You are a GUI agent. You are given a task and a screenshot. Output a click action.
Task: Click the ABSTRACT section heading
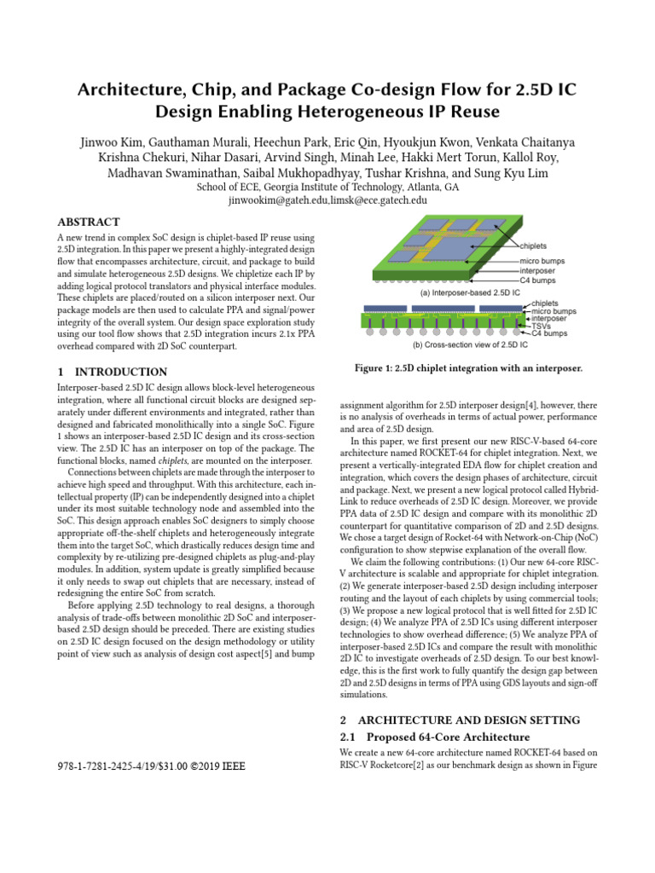[x=88, y=222]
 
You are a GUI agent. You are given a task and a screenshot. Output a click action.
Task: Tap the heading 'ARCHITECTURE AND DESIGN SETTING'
[x=472, y=720]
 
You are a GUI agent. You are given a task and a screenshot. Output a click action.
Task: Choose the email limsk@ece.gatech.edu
[x=379, y=200]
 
